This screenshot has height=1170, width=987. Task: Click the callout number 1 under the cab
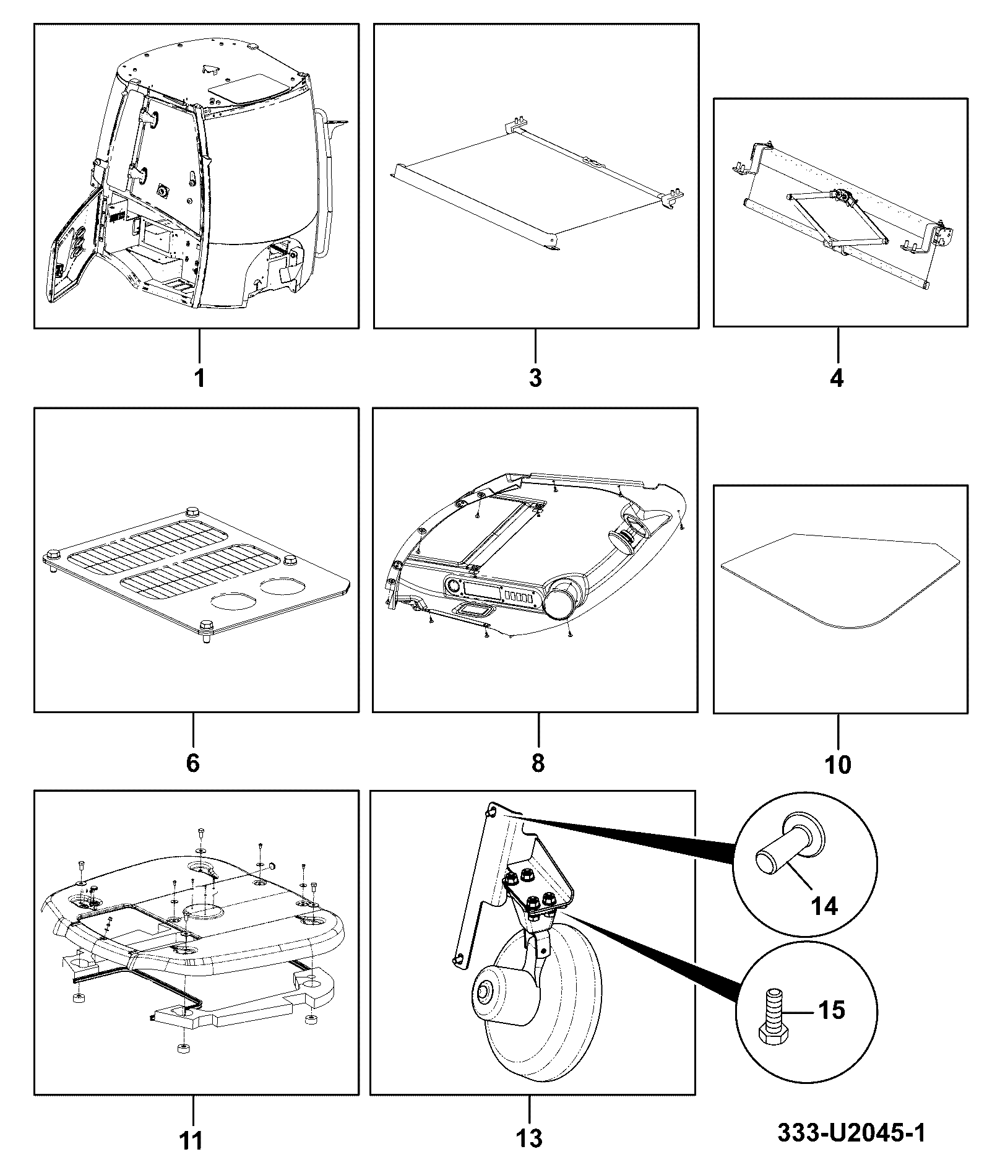coord(199,377)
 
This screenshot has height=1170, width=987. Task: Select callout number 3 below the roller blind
coord(536,377)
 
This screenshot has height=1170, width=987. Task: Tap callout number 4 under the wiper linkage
coord(837,377)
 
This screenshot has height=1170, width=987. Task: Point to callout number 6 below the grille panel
coord(193,763)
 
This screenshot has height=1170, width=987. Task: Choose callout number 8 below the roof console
coord(538,763)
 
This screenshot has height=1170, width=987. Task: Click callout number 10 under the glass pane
coord(838,765)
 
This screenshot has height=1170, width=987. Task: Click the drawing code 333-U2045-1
coord(851,1133)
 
